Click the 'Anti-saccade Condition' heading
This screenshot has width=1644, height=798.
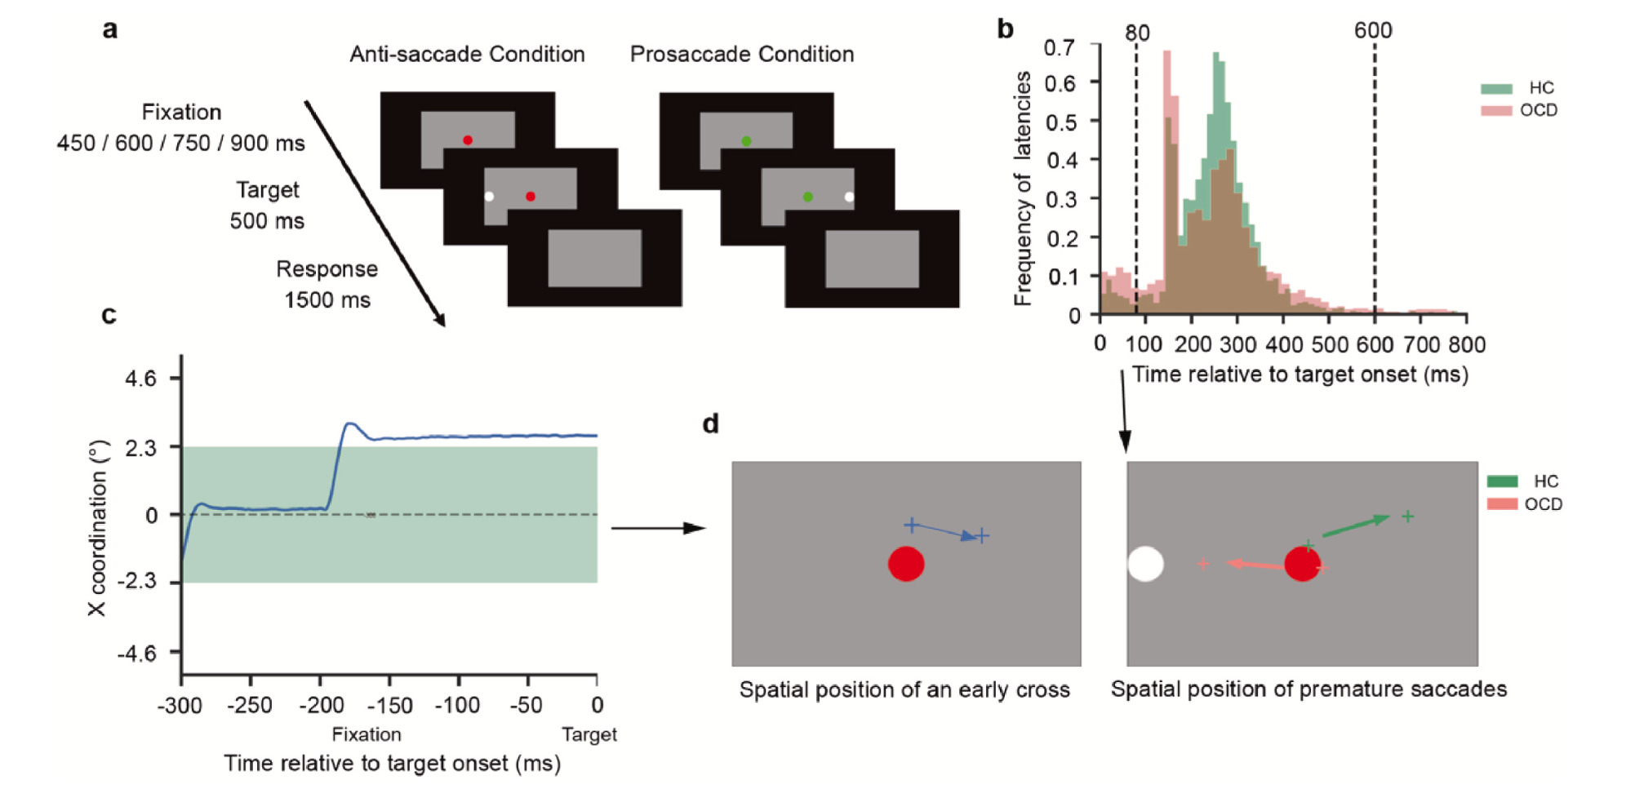click(467, 54)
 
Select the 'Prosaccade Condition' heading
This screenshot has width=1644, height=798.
click(741, 54)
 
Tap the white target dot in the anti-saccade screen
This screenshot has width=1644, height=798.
click(489, 197)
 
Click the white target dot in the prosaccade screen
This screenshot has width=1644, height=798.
click(849, 197)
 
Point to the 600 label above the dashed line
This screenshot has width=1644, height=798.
click(1373, 30)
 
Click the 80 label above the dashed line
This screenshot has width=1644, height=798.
click(1137, 33)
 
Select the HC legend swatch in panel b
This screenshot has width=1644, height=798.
click(1496, 88)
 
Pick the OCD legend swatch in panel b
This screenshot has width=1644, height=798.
click(1496, 110)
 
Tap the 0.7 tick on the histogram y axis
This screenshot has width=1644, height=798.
click(1059, 47)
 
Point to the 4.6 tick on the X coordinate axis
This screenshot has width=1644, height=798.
click(140, 379)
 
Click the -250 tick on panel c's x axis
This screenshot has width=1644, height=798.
click(250, 705)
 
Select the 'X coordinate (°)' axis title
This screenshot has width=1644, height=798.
click(98, 528)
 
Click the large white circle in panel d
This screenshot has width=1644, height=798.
click(1145, 564)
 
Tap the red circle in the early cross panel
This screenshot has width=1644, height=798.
click(906, 564)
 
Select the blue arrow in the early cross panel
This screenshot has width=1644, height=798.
click(947, 531)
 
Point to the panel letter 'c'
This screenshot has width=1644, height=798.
click(109, 315)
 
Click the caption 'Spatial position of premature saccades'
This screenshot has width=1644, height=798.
click(1309, 689)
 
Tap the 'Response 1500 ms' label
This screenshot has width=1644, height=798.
click(327, 284)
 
